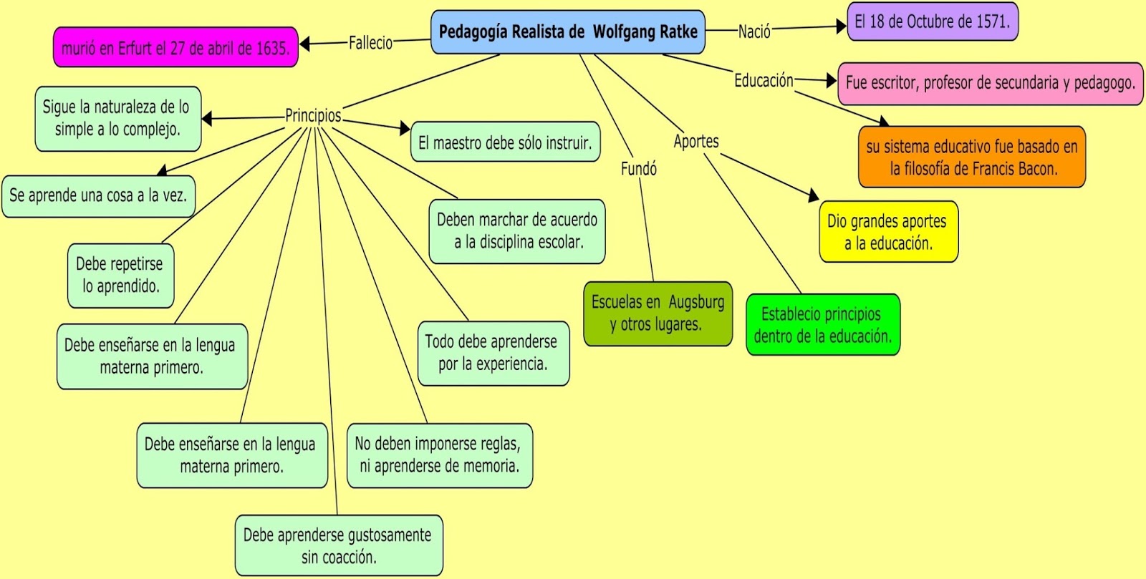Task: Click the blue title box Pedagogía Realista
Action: [x=568, y=32]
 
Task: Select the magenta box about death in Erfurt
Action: [x=175, y=48]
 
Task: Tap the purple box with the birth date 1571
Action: [x=932, y=21]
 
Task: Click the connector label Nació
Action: [x=754, y=31]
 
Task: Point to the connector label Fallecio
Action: [x=370, y=43]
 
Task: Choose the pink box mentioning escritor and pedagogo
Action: [x=990, y=83]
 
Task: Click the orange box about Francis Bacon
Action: [x=972, y=157]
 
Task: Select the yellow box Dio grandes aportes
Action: [x=888, y=232]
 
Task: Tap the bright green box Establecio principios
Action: [x=822, y=325]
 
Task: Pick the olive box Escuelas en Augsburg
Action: [x=658, y=313]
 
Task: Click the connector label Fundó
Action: [x=638, y=169]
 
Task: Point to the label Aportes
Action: [x=695, y=142]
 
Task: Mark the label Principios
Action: [x=313, y=115]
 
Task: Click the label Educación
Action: [x=764, y=81]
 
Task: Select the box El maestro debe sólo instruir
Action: [x=505, y=142]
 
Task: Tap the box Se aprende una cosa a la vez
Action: [x=98, y=195]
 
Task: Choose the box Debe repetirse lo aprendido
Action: [x=120, y=276]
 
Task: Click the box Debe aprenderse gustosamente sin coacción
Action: [x=338, y=545]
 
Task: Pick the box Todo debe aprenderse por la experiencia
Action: [x=493, y=353]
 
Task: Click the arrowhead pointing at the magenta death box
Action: [x=304, y=44]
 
